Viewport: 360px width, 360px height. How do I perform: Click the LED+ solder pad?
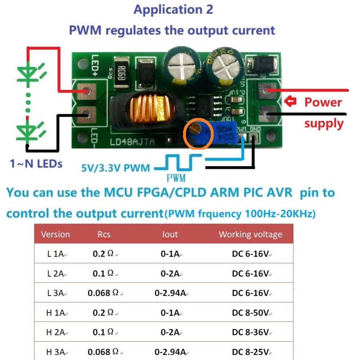[86, 91]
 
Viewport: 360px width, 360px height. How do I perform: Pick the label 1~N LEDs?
[36, 164]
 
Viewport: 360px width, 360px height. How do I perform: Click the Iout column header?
[170, 234]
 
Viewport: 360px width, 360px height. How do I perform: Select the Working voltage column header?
[251, 234]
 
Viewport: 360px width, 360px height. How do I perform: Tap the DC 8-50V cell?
[251, 312]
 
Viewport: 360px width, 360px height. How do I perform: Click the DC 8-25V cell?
[251, 352]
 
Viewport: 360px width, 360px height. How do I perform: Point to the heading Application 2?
[173, 10]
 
